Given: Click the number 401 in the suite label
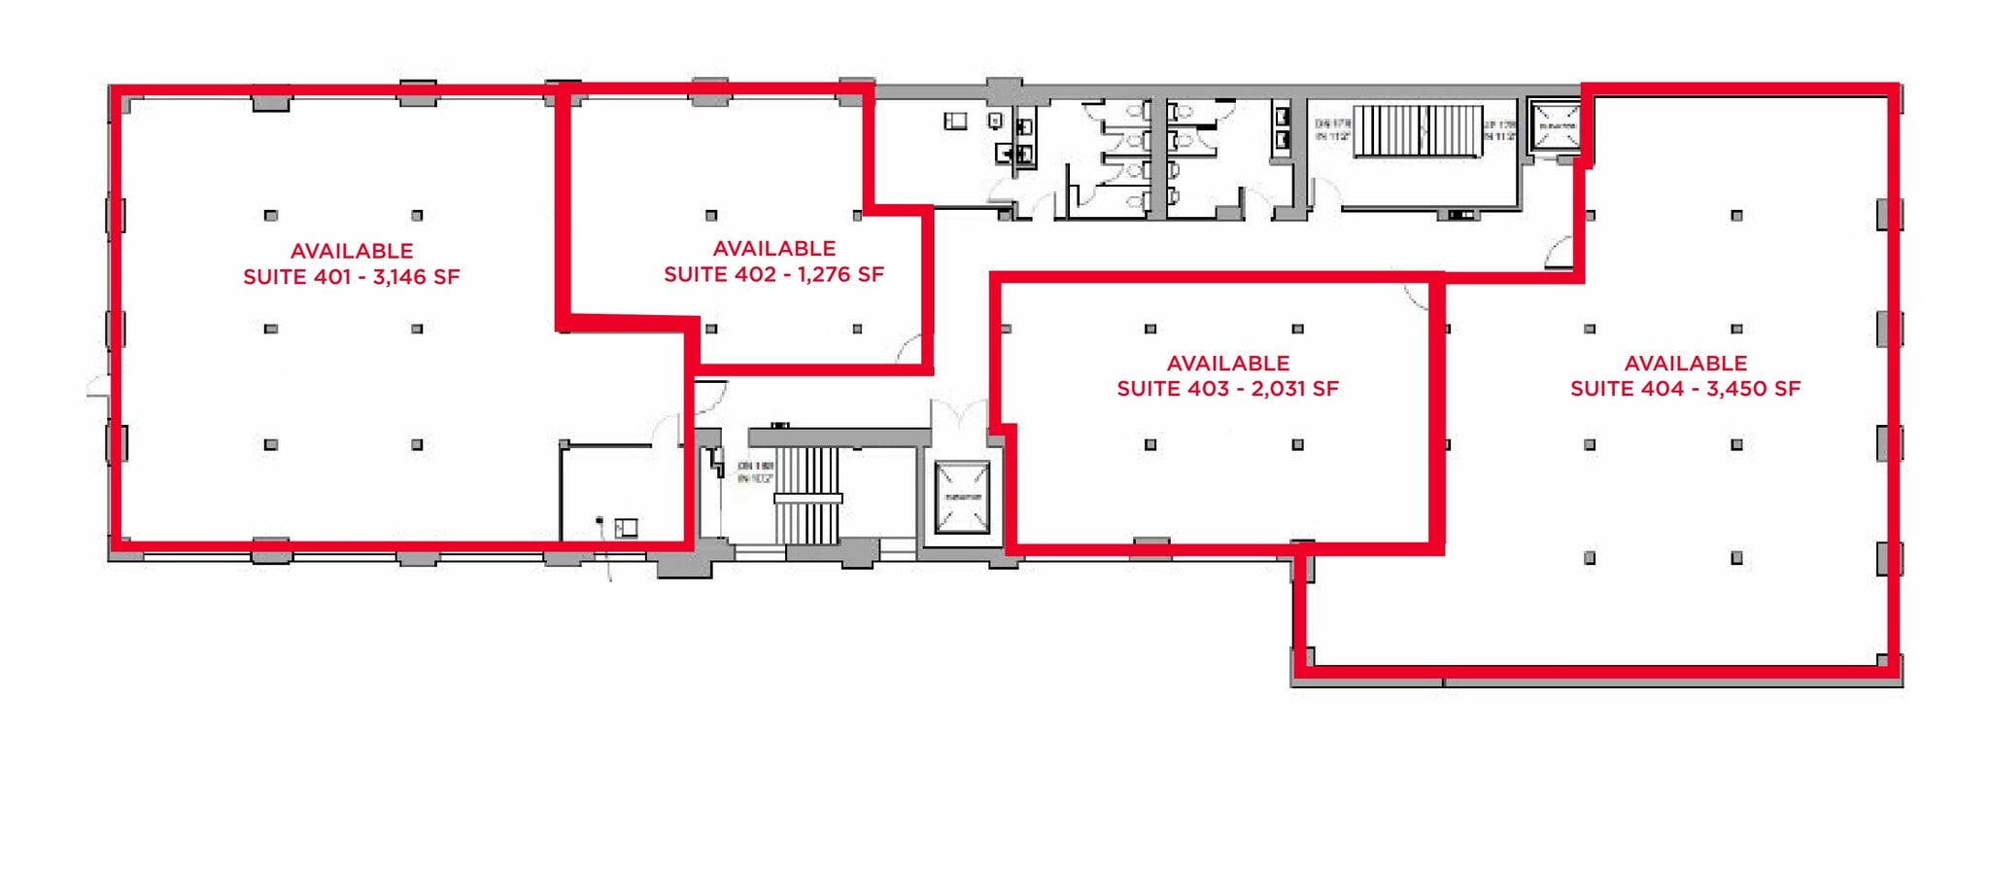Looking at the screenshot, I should [x=331, y=277].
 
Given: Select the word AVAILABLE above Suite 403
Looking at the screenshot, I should [x=1227, y=364].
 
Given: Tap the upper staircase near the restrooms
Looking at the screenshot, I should [x=1418, y=131].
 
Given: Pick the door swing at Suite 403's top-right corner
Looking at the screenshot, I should [x=1416, y=297].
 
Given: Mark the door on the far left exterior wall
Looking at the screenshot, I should [x=97, y=387].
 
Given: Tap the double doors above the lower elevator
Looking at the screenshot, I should [x=959, y=416].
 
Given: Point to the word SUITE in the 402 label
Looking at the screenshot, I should [x=691, y=275].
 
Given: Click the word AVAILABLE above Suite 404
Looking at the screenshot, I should [x=1685, y=364].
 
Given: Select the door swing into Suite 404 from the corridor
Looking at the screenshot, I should [x=1560, y=253].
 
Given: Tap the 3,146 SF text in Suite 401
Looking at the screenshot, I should [x=416, y=277].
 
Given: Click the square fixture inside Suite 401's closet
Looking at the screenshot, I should [x=626, y=528].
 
